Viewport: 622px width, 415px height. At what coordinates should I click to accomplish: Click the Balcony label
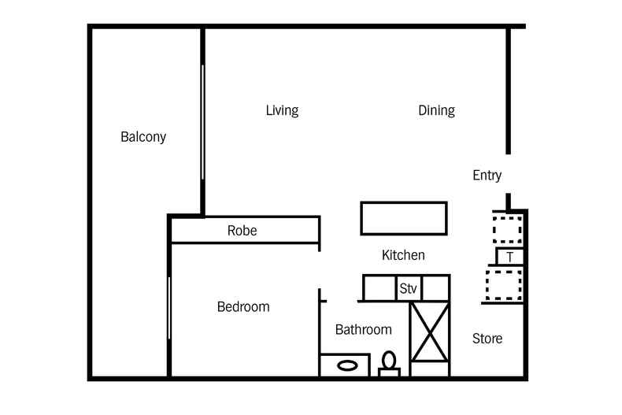[x=143, y=136]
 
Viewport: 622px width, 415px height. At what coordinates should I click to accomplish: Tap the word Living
[x=282, y=110]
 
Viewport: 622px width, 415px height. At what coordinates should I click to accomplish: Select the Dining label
[x=436, y=110]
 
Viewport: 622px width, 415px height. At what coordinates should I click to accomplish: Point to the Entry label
[x=487, y=176]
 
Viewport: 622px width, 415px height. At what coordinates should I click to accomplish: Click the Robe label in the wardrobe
[x=242, y=231]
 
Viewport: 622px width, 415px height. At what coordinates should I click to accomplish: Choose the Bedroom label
[x=243, y=307]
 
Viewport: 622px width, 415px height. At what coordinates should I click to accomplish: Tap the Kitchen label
[x=403, y=255]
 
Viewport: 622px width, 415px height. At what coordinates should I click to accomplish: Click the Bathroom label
[x=363, y=330]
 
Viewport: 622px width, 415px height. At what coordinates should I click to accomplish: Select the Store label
[x=487, y=339]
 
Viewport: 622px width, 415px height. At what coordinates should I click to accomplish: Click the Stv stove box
[x=408, y=288]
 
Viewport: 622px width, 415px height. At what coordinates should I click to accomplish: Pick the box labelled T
[x=510, y=257]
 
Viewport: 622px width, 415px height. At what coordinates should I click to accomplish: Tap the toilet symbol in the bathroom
[x=388, y=363]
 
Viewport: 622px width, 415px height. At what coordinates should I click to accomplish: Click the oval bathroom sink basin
[x=347, y=365]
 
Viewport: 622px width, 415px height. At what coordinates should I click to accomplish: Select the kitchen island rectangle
[x=403, y=218]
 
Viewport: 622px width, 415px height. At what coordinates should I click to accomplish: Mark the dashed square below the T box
[x=504, y=284]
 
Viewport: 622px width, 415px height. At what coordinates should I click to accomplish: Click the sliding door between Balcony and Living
[x=202, y=122]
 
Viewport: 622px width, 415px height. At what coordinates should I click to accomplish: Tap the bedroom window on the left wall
[x=168, y=307]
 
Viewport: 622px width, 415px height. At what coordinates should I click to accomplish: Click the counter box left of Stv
[x=379, y=288]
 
